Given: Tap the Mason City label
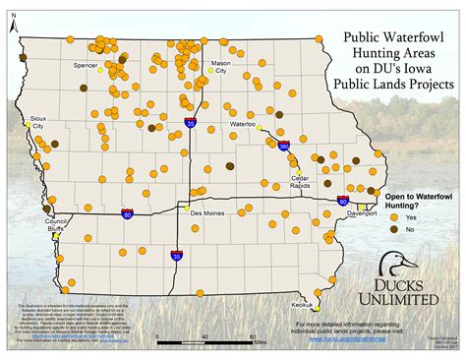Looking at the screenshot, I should tap(221, 68).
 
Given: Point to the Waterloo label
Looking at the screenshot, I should tap(242, 126).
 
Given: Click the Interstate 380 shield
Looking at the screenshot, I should tap(283, 146).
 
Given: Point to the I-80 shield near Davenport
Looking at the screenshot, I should tap(342, 200).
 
